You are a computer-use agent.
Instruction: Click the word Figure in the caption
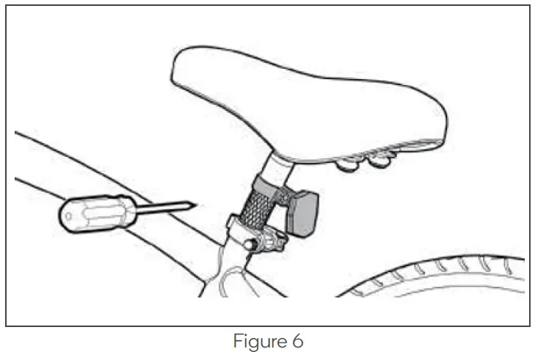point(254,342)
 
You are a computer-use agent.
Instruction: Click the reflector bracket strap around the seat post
point(269,183)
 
